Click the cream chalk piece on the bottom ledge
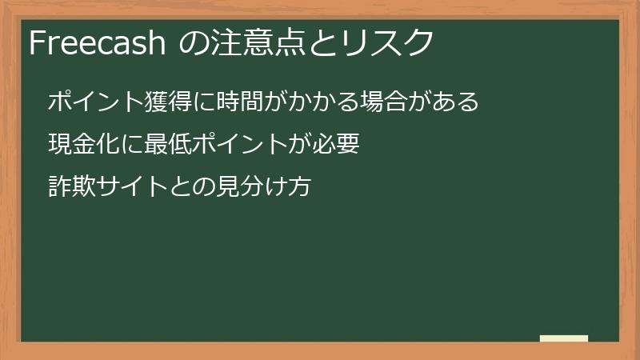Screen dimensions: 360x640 563,338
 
